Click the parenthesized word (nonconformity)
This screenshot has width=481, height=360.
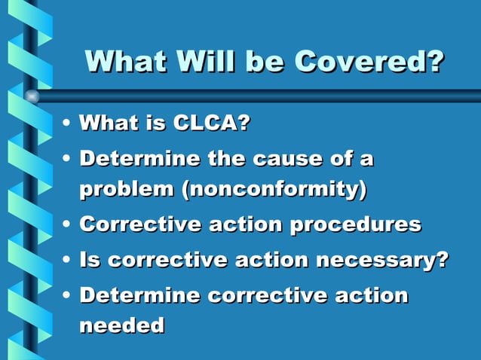point(274,189)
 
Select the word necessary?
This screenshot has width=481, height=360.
point(382,260)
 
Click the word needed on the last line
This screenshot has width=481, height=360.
point(121,325)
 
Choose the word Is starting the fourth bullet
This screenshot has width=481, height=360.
point(90,260)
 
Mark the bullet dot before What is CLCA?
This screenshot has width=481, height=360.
point(68,123)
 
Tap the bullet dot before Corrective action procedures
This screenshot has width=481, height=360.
point(68,225)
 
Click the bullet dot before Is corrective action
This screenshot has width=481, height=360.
point(68,261)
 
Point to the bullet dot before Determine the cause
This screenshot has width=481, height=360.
point(68,160)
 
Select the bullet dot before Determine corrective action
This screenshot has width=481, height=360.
point(68,296)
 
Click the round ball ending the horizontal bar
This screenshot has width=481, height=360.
point(32,96)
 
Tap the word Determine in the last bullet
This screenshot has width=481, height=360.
point(139,295)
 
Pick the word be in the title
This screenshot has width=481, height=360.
point(260,61)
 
